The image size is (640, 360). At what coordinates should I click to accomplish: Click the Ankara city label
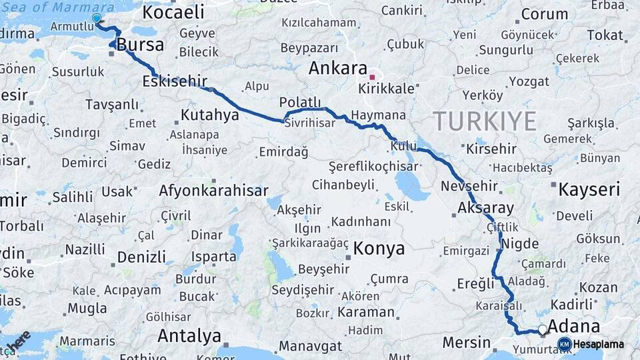[338, 68]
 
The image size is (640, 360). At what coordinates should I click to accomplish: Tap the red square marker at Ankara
[372, 77]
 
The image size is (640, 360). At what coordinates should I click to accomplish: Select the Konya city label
[379, 249]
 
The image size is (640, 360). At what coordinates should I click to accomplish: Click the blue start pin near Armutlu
[97, 19]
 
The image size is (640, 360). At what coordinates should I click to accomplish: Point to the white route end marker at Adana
[543, 329]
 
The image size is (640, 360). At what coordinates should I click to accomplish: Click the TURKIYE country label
[485, 121]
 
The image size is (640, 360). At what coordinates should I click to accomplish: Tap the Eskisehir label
[174, 81]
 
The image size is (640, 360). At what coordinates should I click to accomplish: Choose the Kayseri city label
[589, 189]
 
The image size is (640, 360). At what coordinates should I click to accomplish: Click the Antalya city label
[189, 335]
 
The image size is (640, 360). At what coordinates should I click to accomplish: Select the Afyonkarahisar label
[213, 191]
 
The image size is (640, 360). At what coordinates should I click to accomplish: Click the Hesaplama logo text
[598, 344]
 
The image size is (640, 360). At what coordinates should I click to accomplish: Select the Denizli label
[141, 257]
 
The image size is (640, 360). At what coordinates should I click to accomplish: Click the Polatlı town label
[300, 102]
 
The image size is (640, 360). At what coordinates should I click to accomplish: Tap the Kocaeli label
[173, 12]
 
